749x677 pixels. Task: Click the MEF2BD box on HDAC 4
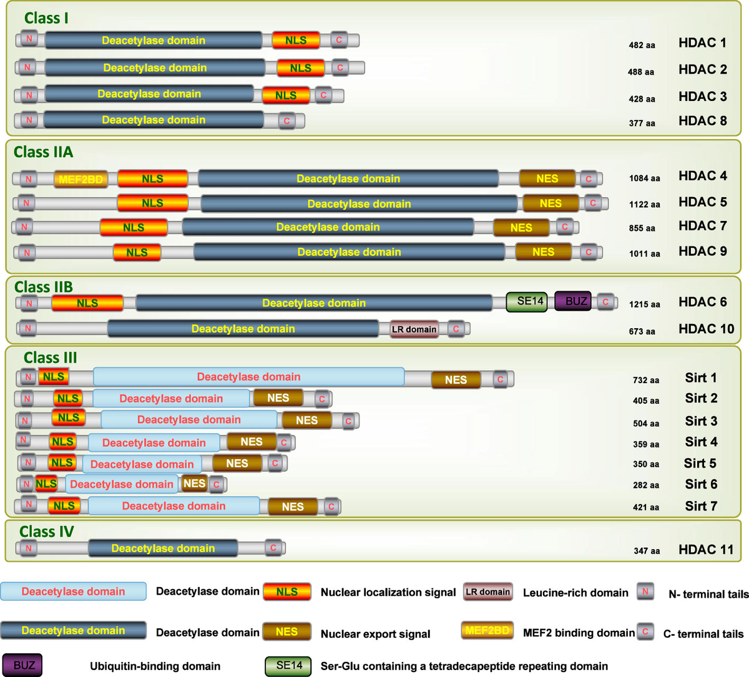81,180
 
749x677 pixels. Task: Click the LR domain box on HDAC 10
414,329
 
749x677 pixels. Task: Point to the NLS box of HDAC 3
286,95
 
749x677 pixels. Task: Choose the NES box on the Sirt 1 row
456,379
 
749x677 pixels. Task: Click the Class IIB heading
44,287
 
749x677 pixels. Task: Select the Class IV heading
47,532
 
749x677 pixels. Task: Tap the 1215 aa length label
644,304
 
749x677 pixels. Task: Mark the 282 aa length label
645,485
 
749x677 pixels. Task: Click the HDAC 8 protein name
703,121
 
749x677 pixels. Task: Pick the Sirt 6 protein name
701,484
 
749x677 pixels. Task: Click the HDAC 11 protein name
706,550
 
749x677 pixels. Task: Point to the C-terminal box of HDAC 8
286,120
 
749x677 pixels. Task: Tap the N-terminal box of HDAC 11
28,548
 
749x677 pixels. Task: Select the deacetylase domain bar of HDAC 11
163,548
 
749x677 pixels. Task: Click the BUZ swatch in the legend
24,665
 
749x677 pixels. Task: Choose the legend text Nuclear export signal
375,634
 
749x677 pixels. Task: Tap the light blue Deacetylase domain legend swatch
74,592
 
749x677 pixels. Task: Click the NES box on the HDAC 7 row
521,228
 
